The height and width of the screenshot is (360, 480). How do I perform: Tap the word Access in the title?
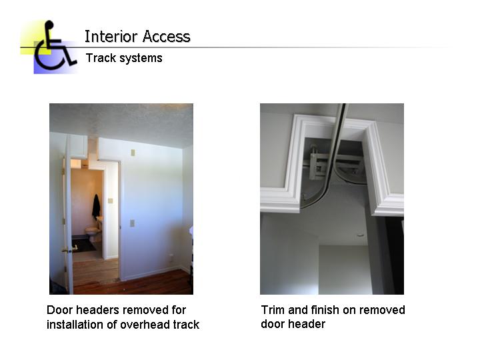pyautogui.click(x=165, y=37)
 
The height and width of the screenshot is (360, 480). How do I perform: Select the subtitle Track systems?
pyautogui.click(x=124, y=58)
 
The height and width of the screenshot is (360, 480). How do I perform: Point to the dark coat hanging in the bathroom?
pyautogui.click(x=96, y=206)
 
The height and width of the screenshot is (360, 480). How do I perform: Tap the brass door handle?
pyautogui.click(x=66, y=250)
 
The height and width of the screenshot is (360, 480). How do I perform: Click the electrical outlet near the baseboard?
pyautogui.click(x=171, y=257)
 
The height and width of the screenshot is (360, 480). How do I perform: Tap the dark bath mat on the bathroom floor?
pyautogui.click(x=85, y=245)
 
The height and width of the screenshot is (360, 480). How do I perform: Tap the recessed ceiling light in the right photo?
pyautogui.click(x=360, y=235)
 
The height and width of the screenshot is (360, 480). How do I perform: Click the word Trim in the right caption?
pyautogui.click(x=273, y=310)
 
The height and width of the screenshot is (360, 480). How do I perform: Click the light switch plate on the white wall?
pyautogui.click(x=132, y=223)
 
